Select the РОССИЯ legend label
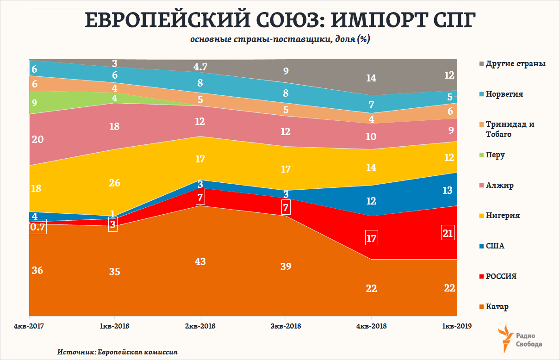501,277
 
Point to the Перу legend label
495,155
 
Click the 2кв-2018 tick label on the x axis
200,326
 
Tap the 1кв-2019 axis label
456,326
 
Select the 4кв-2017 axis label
29,326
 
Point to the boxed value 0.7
37,227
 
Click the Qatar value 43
200,261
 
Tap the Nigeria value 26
114,183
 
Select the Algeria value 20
37,139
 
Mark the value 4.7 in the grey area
200,67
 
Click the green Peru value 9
34,103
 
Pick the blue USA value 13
448,190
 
